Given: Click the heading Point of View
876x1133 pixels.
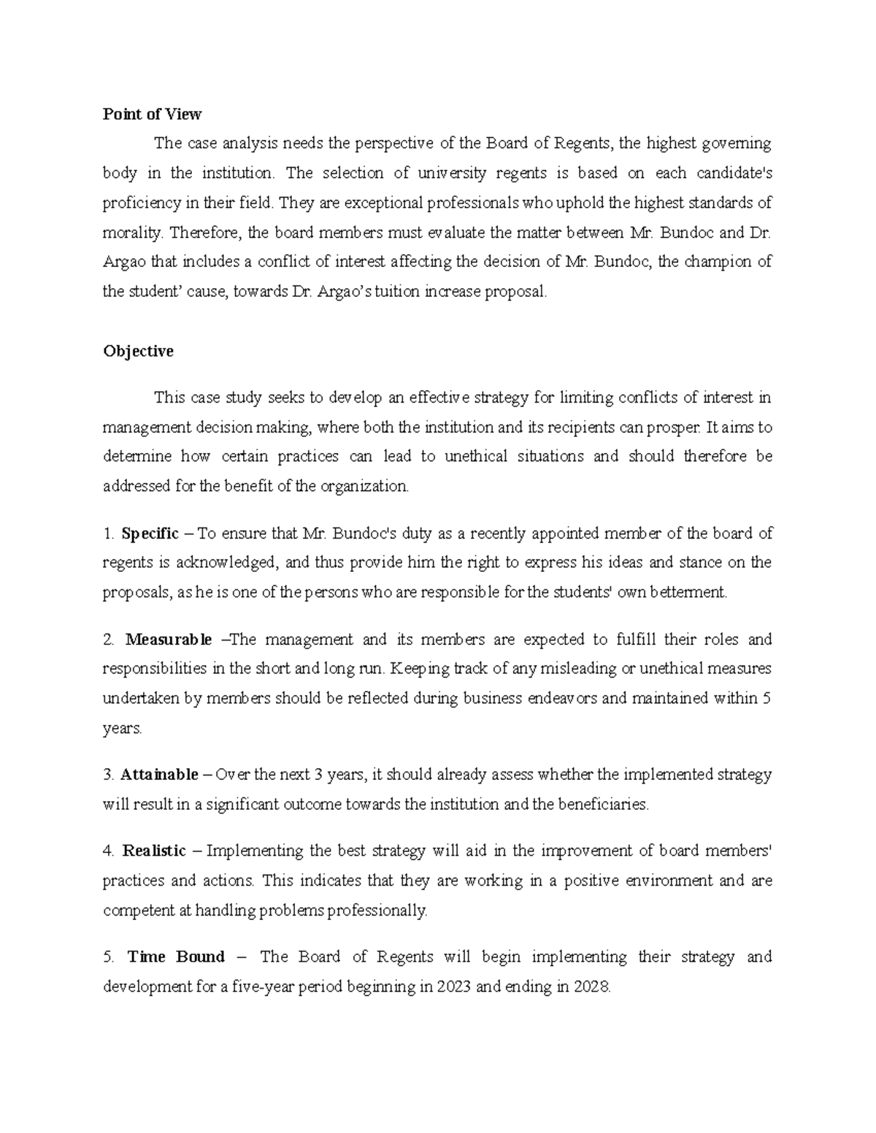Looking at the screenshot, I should pos(152,114).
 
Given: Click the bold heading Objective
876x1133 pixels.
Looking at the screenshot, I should pos(138,351).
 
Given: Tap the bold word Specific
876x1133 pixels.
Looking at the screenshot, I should pos(150,533).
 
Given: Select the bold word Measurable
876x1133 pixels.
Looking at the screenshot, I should pos(169,640).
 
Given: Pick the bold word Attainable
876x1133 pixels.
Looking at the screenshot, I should pos(159,774).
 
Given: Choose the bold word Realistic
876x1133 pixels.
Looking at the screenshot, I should pos(154,851).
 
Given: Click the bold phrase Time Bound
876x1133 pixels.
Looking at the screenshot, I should pos(176,956).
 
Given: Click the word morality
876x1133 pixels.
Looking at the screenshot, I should pos(131,233).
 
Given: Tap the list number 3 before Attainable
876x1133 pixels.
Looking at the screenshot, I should pos(107,774).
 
